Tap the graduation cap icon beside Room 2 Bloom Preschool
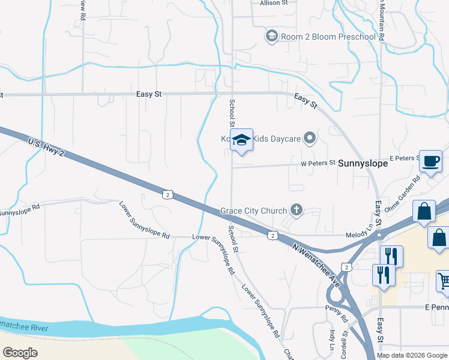pos(271,37)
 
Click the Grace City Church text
pos(253,211)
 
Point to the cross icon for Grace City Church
pos(295,210)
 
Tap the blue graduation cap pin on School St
pos(241,140)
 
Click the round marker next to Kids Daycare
pos(310,139)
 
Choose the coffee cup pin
pos(430,161)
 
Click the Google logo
pos(20,353)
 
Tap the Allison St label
pos(274,3)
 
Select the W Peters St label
pos(318,163)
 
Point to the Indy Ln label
pos(331,338)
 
